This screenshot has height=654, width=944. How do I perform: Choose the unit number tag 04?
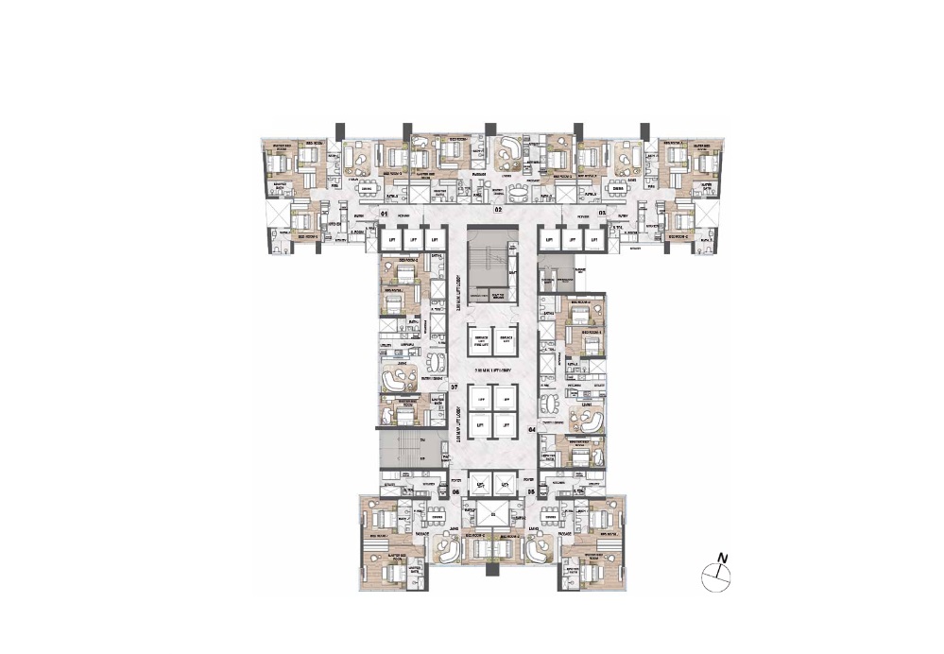tap(532, 430)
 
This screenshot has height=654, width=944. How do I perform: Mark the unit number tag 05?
tap(532, 491)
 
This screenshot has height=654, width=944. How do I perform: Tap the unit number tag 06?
tap(455, 491)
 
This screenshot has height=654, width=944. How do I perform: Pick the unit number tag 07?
tap(454, 387)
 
